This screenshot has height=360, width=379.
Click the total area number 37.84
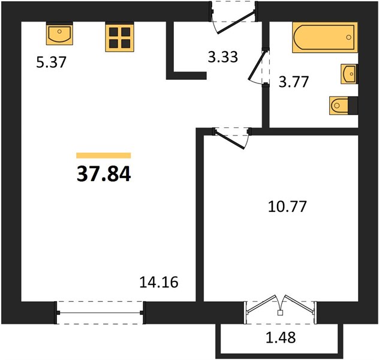104,174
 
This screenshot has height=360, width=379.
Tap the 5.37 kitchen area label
51,62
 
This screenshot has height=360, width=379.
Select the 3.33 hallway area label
223,57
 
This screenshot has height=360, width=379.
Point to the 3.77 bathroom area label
294,82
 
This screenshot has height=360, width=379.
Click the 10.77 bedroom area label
287,206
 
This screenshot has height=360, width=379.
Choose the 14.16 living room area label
159,282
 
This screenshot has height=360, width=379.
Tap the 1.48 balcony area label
281,337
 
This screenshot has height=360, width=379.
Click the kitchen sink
59,34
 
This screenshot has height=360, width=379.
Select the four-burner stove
119,37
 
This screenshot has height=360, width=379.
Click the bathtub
324,37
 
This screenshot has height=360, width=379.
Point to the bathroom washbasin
349,74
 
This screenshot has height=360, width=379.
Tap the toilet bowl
339,106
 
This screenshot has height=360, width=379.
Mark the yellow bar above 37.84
104,155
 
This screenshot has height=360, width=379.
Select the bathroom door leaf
258,65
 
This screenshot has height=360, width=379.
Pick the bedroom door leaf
230,140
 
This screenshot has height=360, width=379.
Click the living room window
100,313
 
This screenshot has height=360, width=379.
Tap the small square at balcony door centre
280,313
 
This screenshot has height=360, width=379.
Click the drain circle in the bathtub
348,37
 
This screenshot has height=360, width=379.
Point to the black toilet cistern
353,106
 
